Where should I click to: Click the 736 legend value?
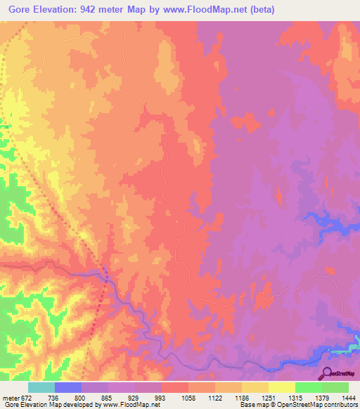click(x=54, y=398)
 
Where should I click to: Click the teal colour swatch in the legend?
click(x=41, y=387)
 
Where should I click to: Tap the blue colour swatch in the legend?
click(x=68, y=387)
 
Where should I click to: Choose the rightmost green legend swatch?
click(x=335, y=387)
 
